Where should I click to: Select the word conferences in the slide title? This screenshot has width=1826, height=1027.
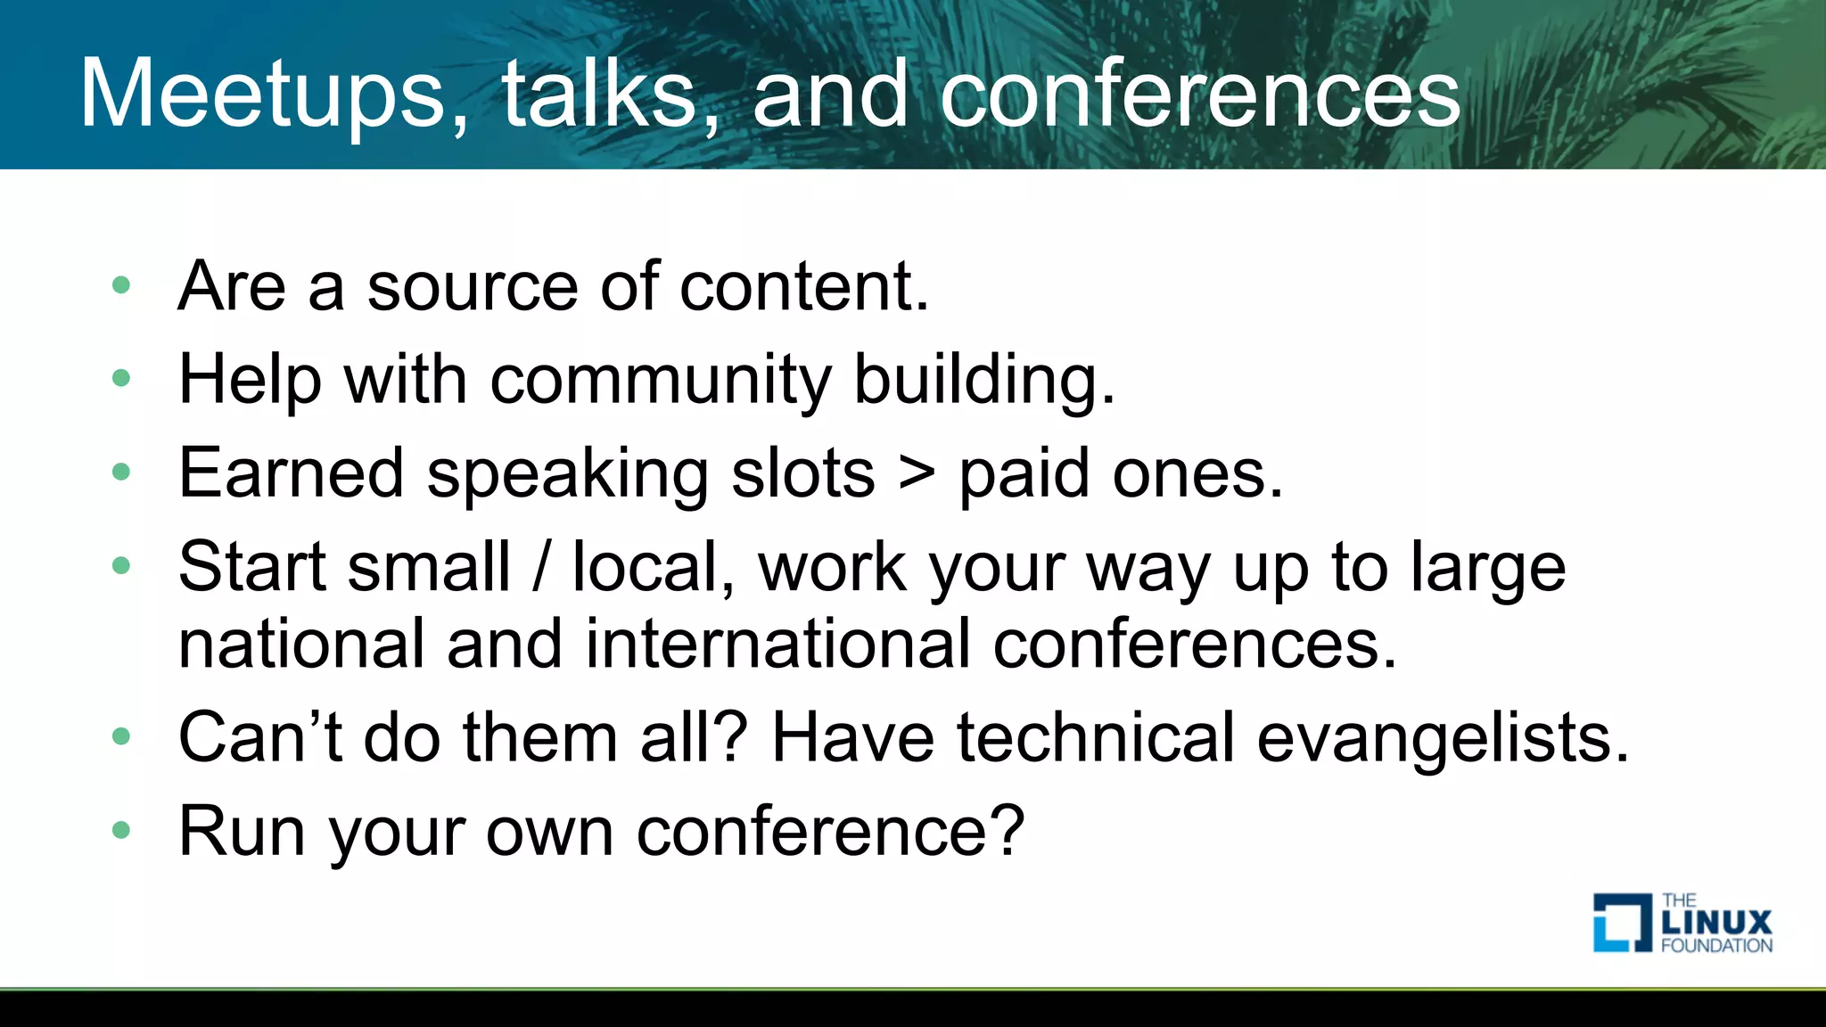click(x=1200, y=94)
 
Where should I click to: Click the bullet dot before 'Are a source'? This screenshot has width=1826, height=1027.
click(x=121, y=286)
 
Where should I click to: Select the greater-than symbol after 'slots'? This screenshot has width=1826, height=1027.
click(x=917, y=473)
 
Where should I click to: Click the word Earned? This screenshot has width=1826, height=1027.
click(x=291, y=473)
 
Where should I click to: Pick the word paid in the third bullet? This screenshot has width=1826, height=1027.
click(x=1024, y=473)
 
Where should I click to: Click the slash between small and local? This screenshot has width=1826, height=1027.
click(x=540, y=567)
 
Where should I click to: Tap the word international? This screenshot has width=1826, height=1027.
click(x=777, y=644)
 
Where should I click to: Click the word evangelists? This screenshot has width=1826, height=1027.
click(x=1443, y=738)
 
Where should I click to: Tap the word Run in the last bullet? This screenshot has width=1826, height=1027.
click(x=242, y=831)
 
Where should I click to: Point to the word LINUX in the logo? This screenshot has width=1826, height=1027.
click(x=1717, y=922)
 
